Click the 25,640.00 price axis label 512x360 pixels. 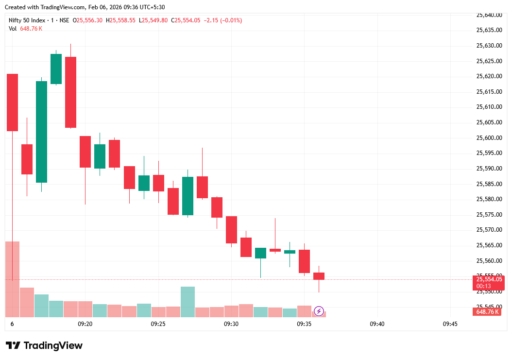(x=488, y=15)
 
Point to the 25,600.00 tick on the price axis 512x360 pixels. (x=488, y=138)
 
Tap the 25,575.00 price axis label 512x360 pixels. (x=488, y=215)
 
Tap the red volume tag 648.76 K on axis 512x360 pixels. (x=488, y=312)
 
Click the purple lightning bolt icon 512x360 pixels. (x=319, y=311)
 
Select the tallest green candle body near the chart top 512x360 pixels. (x=42, y=132)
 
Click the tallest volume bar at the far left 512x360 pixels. (x=12, y=279)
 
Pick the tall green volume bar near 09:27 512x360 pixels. (x=188, y=302)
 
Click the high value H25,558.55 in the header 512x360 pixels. (x=121, y=20)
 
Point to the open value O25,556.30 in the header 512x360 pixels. (x=87, y=20)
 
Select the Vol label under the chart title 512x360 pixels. (x=13, y=29)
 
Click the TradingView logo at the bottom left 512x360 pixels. (x=44, y=346)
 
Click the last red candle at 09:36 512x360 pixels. (x=319, y=276)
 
